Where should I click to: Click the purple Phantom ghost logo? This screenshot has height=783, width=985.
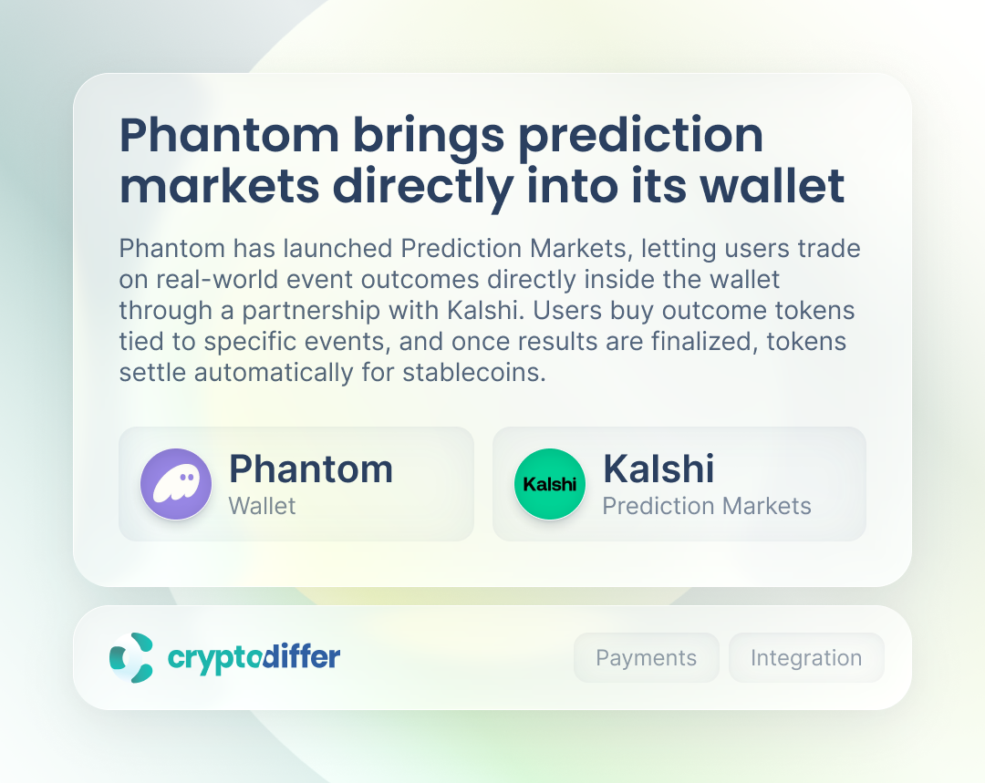pyautogui.click(x=176, y=483)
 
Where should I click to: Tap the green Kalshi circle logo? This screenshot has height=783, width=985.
pyautogui.click(x=550, y=483)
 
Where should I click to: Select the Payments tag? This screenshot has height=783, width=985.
pyautogui.click(x=646, y=657)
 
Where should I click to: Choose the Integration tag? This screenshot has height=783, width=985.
pyautogui.click(x=806, y=657)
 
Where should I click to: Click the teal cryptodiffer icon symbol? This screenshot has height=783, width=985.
pyautogui.click(x=131, y=657)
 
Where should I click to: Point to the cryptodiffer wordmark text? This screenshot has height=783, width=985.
pyautogui.click(x=254, y=657)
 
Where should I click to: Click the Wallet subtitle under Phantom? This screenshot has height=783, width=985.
pyautogui.click(x=262, y=506)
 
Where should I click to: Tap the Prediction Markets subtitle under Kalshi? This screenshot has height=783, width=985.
pyautogui.click(x=707, y=506)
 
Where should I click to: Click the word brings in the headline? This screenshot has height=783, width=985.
pyautogui.click(x=429, y=136)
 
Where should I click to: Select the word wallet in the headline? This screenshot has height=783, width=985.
pyautogui.click(x=772, y=185)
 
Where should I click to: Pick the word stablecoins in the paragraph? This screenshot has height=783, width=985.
pyautogui.click(x=474, y=372)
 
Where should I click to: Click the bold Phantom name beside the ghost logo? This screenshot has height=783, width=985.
pyautogui.click(x=311, y=469)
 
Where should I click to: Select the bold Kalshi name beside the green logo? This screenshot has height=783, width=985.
pyautogui.click(x=658, y=469)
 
